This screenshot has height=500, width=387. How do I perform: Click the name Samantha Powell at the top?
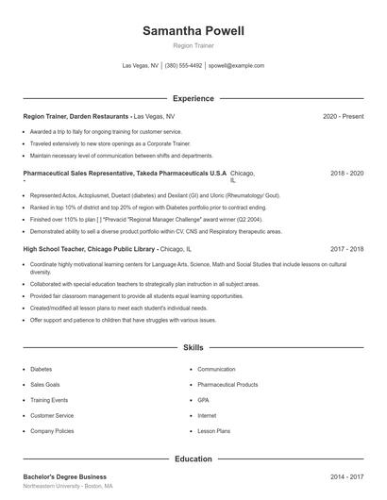pyautogui.click(x=193, y=31)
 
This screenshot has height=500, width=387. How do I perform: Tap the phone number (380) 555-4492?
pyautogui.click(x=183, y=66)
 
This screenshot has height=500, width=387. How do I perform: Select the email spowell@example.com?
pyautogui.click(x=236, y=66)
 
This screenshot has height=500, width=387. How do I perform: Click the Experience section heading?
pyautogui.click(x=193, y=98)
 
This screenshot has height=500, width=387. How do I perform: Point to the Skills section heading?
pyautogui.click(x=193, y=348)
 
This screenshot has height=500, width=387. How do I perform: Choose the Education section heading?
pyautogui.click(x=193, y=458)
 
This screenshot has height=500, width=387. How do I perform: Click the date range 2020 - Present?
pyautogui.click(x=343, y=116)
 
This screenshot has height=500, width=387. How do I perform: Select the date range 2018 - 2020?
pyautogui.click(x=347, y=175)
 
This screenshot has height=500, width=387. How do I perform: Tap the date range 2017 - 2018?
pyautogui.click(x=347, y=249)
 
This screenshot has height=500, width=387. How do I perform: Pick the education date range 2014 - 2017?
pyautogui.click(x=347, y=477)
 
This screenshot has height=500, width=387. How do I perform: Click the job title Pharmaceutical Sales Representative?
pyautogui.click(x=83, y=175)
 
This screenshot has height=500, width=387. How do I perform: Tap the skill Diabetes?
pyautogui.click(x=42, y=370)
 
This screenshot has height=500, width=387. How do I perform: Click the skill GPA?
pyautogui.click(x=203, y=400)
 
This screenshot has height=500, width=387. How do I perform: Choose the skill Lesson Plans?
pyautogui.click(x=213, y=430)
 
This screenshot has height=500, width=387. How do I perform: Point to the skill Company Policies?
pyautogui.click(x=53, y=430)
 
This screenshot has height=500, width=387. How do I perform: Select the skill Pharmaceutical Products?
pyautogui.click(x=227, y=385)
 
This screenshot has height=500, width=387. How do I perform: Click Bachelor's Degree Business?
pyautogui.click(x=64, y=477)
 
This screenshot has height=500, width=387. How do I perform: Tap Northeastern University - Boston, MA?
pyautogui.click(x=68, y=487)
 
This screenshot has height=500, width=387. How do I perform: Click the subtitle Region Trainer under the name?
pyautogui.click(x=193, y=45)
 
